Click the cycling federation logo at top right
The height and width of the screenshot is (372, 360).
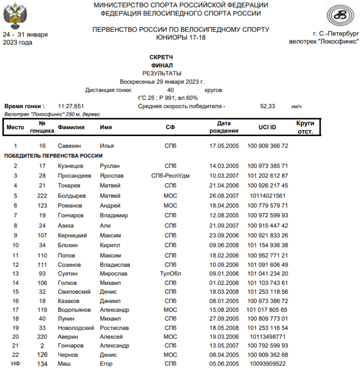(342, 16)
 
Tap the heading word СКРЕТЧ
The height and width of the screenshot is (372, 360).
(161, 57)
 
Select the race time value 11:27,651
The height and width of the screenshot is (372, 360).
(71, 106)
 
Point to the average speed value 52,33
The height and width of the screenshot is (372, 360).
(267, 106)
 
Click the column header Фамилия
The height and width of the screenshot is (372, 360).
(71, 127)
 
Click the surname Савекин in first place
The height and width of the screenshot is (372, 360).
(69, 146)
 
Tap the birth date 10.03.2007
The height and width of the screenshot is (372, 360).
(224, 176)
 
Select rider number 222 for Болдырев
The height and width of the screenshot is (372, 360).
(42, 196)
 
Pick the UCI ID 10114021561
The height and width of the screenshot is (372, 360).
(267, 196)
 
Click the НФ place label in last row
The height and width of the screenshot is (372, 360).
(15, 364)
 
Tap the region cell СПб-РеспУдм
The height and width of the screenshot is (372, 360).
(170, 176)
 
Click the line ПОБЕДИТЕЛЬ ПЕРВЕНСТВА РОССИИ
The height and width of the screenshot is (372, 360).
(53, 156)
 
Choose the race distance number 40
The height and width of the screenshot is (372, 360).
(170, 90)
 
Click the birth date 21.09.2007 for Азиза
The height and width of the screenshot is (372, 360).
(224, 225)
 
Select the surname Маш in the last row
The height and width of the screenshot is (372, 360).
(64, 364)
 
